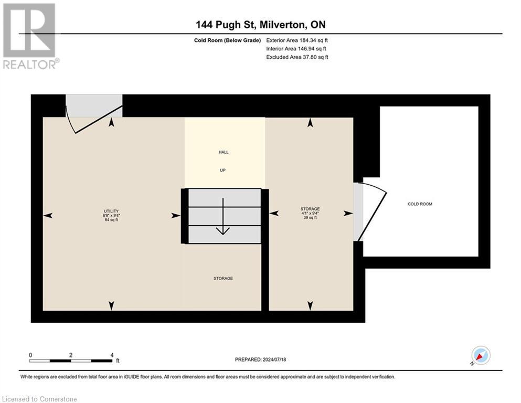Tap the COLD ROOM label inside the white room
[x=420, y=204]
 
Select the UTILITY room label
[x=111, y=209]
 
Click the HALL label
[x=224, y=152]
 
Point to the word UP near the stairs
[x=222, y=170]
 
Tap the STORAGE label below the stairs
[x=223, y=278]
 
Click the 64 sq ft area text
[x=111, y=220]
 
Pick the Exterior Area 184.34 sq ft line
[x=297, y=40]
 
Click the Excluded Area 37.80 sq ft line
[x=297, y=57]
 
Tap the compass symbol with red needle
[x=481, y=355]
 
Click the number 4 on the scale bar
[x=112, y=355]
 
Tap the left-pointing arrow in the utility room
[x=48, y=216]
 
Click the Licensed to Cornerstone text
[x=40, y=399]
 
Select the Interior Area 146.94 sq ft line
[x=296, y=48]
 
